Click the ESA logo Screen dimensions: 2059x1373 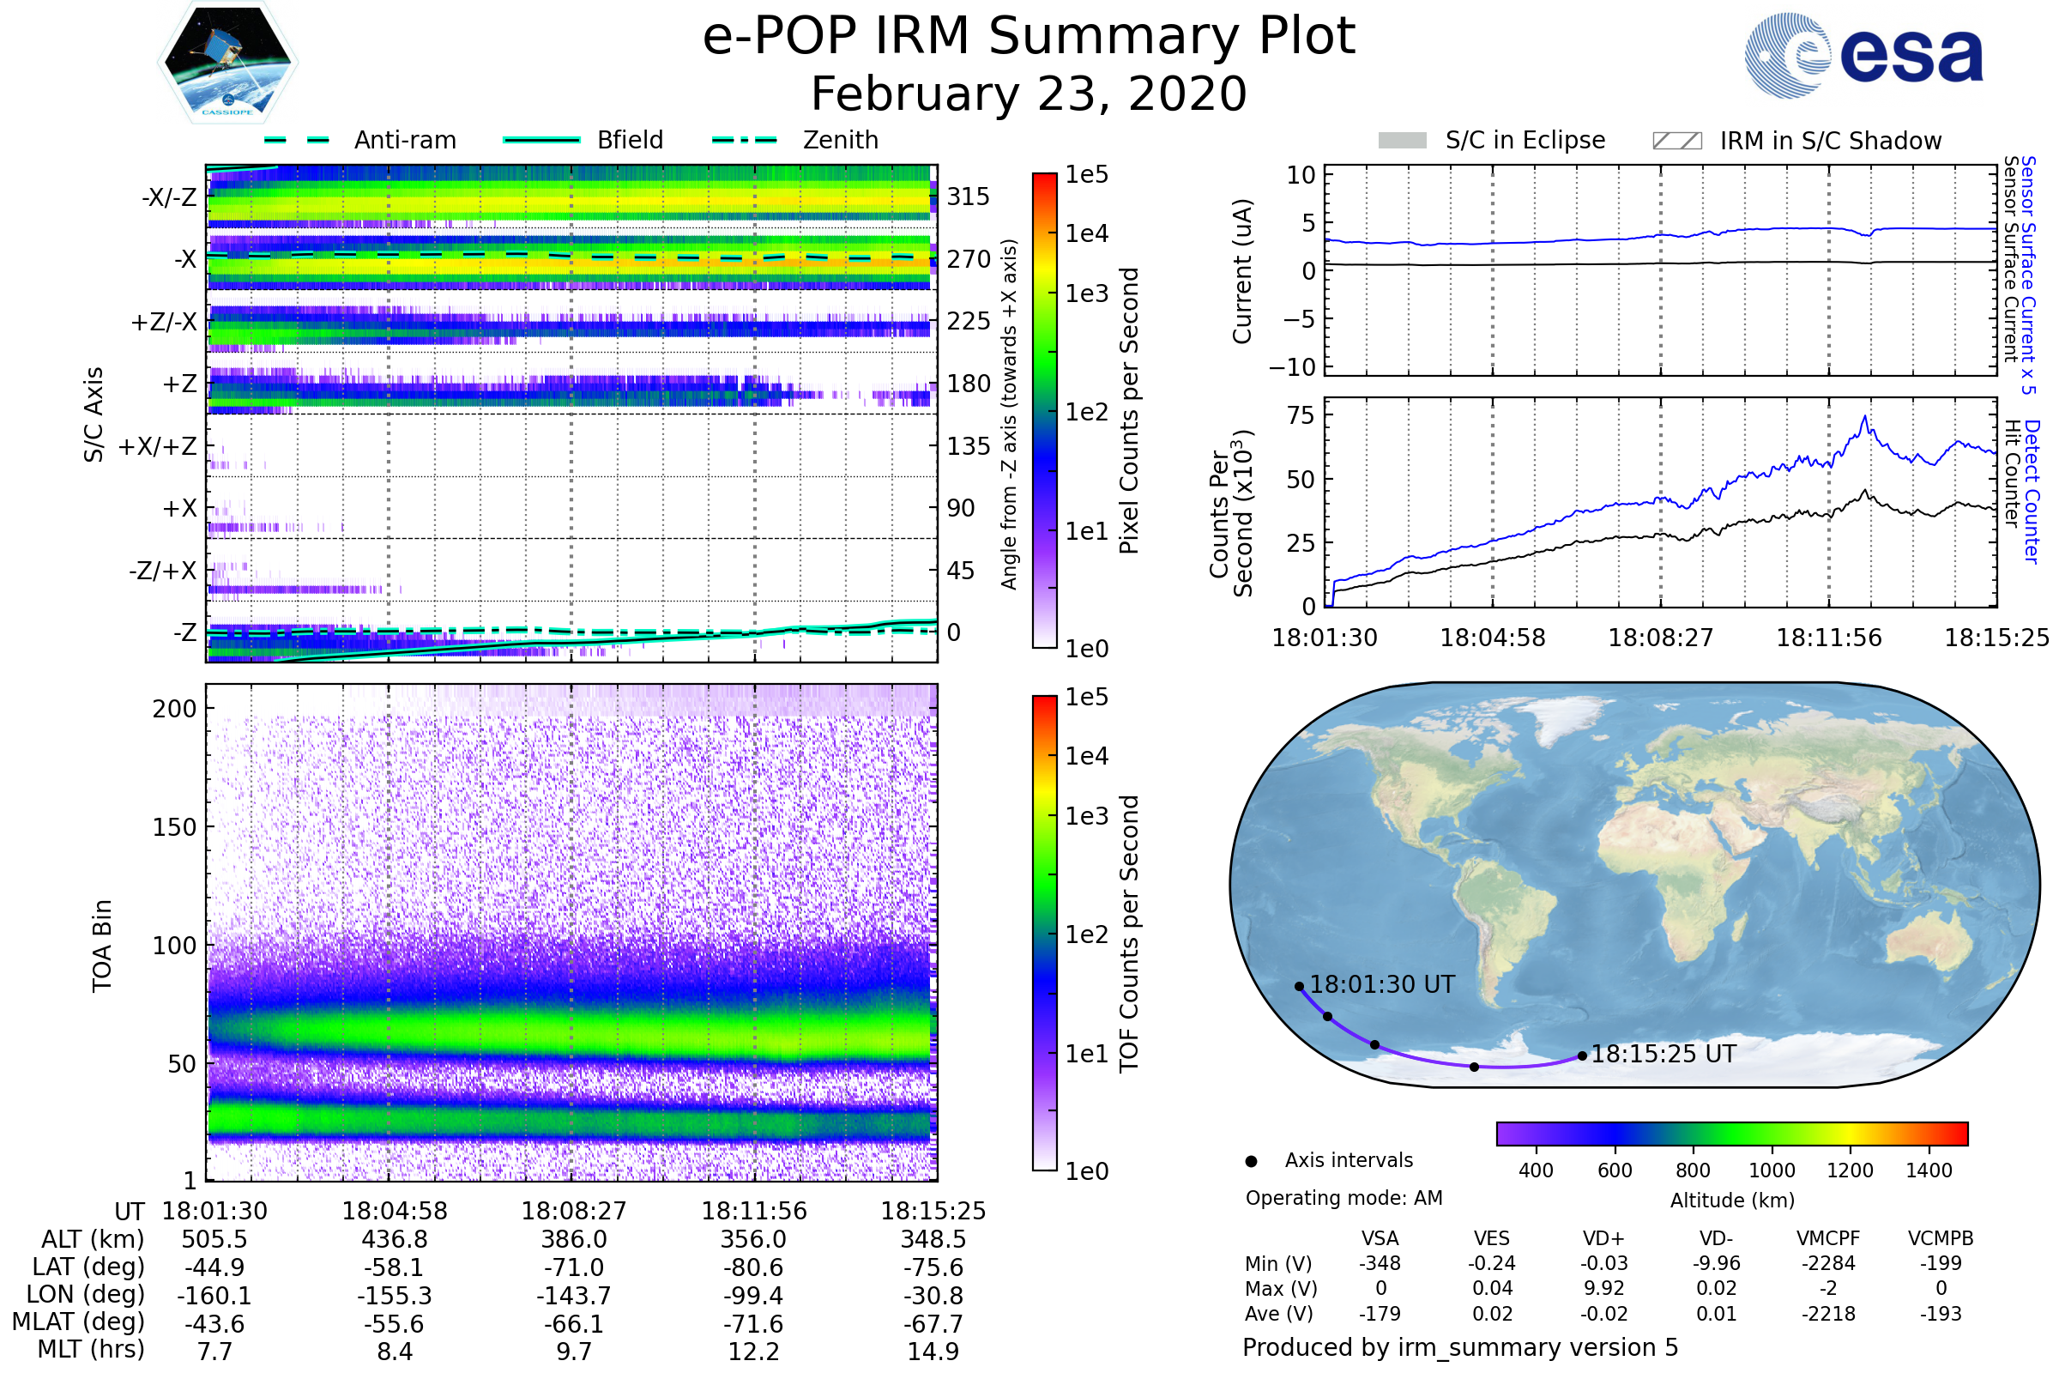(1863, 55)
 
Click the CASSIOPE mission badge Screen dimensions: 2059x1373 (227, 62)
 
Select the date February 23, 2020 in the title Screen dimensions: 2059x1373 (1029, 94)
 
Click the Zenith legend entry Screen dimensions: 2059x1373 (795, 140)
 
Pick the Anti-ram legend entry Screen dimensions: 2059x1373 (359, 140)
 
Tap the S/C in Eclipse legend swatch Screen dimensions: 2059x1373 (1402, 140)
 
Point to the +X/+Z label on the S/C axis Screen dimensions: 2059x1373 (158, 446)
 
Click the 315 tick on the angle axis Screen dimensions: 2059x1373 (969, 197)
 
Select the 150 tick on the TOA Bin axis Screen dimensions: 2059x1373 (174, 827)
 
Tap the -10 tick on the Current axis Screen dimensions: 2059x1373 (1293, 367)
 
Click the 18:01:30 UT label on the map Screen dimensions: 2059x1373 (1382, 984)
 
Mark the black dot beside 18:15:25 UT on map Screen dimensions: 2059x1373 (1582, 1056)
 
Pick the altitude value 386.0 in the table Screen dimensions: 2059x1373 (574, 1239)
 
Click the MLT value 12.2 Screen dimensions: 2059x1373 (754, 1351)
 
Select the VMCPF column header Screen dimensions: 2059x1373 (1828, 1238)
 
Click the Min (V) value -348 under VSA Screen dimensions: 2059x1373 (1380, 1263)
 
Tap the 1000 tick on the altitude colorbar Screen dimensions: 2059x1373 (1772, 1170)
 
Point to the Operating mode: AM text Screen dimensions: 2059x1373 (1343, 1198)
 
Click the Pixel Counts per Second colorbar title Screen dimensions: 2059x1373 (1129, 411)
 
